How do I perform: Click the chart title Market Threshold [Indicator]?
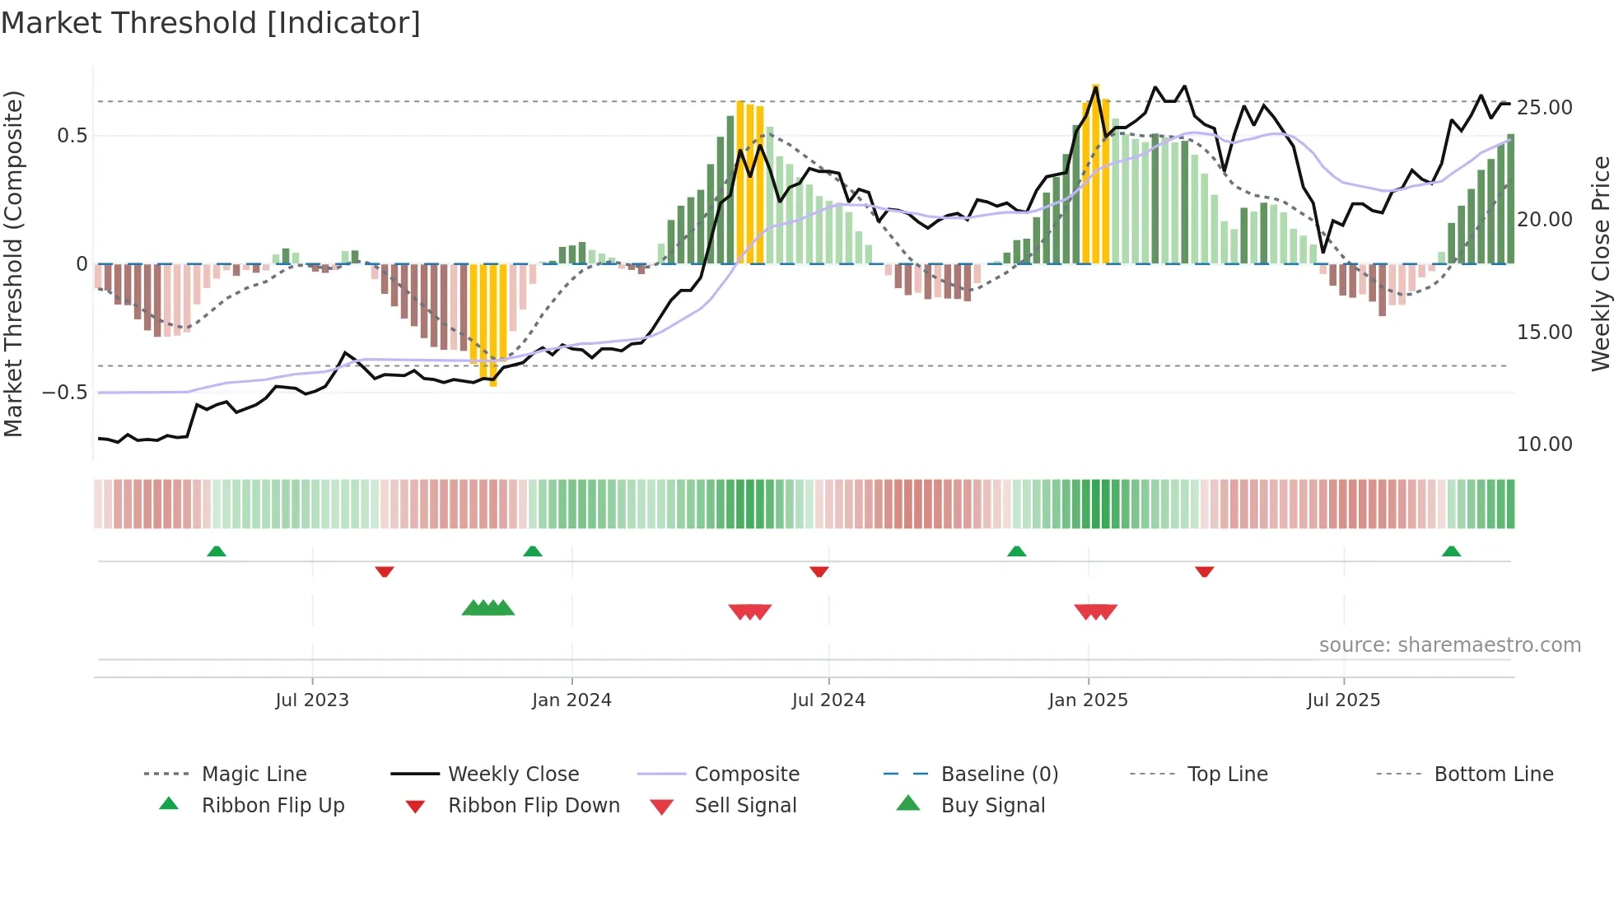211,23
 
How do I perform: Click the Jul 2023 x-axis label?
312,700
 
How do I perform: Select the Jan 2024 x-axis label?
571,700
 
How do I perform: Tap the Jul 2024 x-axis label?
828,700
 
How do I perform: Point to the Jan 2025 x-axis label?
1088,700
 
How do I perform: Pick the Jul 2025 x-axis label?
1343,700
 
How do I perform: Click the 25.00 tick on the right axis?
1544,108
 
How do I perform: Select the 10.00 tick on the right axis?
1544,444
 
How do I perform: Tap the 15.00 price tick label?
1544,333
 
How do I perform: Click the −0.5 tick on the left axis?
65,393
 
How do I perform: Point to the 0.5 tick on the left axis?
72,136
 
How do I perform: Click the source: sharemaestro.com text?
1449,645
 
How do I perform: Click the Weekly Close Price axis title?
1600,263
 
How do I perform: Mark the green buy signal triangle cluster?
488,608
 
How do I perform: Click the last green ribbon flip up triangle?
1451,551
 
